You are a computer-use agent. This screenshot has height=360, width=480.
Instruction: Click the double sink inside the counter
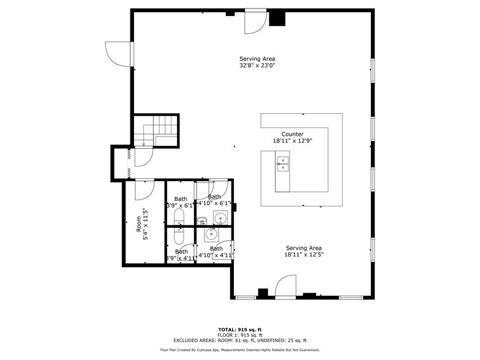(x=283, y=162)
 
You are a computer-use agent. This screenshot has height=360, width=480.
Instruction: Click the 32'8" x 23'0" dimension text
(x=257, y=65)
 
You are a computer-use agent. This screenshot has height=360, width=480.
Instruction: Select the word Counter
(x=292, y=134)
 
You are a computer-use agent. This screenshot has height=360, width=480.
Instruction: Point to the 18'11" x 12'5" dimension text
(x=304, y=255)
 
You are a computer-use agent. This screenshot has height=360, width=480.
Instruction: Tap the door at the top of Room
(x=144, y=189)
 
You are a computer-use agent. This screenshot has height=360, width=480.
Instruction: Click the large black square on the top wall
(x=277, y=18)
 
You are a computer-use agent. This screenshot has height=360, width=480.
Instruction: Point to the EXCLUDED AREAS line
(x=240, y=340)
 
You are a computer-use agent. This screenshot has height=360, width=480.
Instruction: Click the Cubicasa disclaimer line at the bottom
(x=240, y=350)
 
